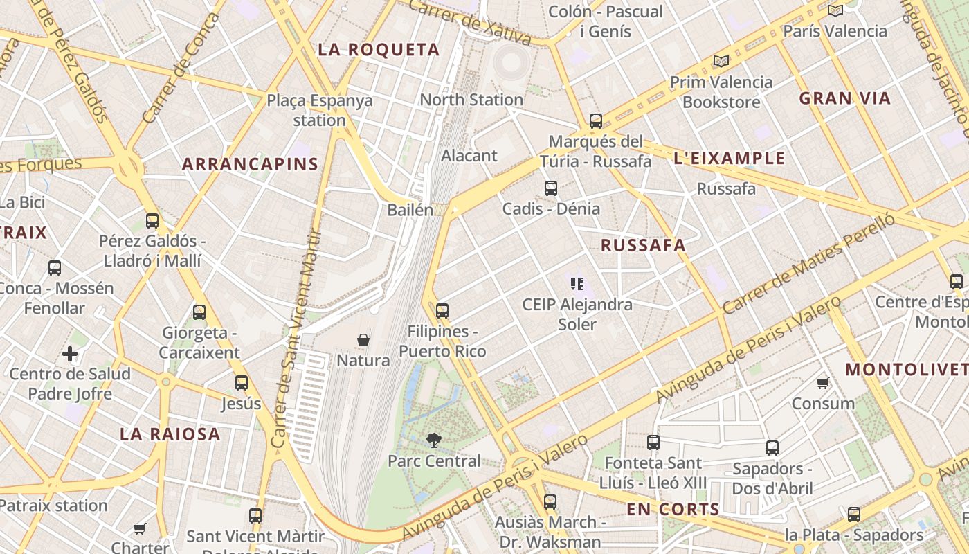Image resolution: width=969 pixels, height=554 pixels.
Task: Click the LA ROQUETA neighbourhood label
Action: click(x=379, y=50)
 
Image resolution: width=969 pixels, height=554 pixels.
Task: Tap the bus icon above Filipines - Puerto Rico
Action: click(x=442, y=311)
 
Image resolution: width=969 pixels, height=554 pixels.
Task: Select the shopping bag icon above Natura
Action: click(x=363, y=340)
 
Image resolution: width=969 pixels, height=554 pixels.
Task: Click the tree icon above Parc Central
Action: click(x=434, y=440)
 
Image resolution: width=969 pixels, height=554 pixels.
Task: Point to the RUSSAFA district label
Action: click(x=643, y=245)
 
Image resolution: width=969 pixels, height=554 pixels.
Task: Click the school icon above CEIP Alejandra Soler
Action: click(x=577, y=283)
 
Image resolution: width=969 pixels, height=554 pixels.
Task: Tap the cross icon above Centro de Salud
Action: click(x=70, y=355)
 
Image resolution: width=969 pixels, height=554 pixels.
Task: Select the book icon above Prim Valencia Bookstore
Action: click(x=721, y=61)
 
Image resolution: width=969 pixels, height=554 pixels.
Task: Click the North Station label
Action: click(x=471, y=100)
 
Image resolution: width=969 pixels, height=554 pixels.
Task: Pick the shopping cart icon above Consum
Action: click(x=822, y=383)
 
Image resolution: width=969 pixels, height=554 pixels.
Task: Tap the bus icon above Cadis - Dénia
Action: click(x=551, y=188)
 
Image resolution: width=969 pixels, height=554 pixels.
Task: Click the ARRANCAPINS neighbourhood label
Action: click(x=250, y=165)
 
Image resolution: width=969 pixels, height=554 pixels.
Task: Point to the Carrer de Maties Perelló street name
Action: click(x=807, y=264)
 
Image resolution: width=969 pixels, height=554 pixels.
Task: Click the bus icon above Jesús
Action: click(x=242, y=383)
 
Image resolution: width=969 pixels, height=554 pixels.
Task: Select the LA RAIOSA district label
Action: click(x=170, y=435)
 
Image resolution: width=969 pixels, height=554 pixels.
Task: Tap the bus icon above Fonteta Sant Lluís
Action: click(x=653, y=443)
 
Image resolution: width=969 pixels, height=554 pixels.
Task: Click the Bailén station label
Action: click(x=410, y=210)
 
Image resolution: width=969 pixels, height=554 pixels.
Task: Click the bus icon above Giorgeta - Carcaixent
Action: click(x=199, y=312)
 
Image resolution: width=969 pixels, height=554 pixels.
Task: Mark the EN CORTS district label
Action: click(x=673, y=510)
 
